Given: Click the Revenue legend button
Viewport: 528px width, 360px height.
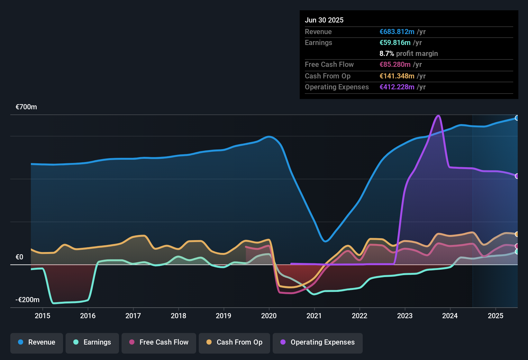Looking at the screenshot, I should point(37,342).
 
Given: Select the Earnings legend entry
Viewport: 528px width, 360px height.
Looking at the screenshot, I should point(92,342).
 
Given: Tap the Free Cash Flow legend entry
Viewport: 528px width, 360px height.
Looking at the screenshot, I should point(159,342).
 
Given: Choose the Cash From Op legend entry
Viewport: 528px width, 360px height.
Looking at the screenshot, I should point(234,342).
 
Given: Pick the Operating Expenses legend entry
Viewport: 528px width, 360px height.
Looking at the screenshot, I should point(318,342).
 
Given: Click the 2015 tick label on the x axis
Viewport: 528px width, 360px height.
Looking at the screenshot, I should point(42,316).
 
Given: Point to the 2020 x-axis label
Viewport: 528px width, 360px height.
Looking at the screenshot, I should point(269,316).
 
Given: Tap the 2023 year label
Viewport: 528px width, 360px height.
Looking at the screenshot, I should point(405,316).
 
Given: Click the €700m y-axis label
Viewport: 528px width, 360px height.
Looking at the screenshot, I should point(26,107).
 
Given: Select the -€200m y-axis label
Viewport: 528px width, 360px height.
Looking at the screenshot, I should point(28,300).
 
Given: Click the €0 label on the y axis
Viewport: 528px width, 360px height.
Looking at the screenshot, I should point(19,257).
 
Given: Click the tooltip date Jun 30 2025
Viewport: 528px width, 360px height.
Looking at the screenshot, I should point(324,20).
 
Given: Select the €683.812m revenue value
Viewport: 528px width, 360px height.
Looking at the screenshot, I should point(397,32).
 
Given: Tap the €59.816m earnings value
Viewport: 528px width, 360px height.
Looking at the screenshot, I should point(395,43).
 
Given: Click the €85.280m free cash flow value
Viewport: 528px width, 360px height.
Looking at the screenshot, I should point(395,65).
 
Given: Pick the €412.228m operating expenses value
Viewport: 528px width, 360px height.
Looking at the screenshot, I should point(397,87).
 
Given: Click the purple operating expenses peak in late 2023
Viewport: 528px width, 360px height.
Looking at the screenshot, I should point(438,116).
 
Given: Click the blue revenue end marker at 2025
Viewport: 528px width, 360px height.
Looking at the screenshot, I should point(517,118).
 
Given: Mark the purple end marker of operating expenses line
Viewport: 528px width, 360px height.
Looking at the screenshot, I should point(517,176).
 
